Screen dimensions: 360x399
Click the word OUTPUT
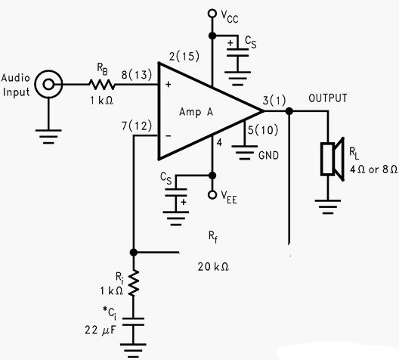[x=328, y=98]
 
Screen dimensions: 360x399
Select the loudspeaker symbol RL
[x=332, y=157]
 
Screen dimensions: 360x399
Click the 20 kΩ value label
[x=214, y=266]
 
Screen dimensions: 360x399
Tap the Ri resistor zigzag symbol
[x=134, y=283]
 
